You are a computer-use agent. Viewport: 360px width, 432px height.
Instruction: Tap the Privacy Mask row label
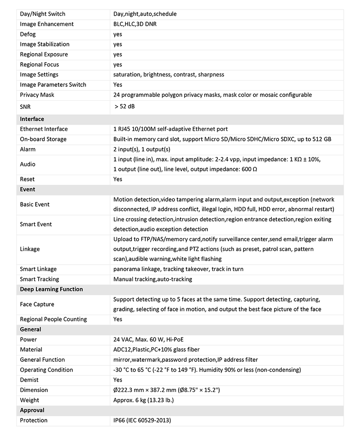(x=37, y=95)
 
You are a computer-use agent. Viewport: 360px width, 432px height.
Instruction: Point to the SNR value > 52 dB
(x=125, y=107)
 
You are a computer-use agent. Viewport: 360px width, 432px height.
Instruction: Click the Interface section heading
(x=32, y=119)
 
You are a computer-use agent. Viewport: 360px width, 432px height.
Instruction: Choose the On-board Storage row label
(x=43, y=139)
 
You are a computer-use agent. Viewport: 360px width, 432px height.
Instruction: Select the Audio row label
(x=27, y=164)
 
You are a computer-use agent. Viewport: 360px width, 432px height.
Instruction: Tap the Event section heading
(x=27, y=189)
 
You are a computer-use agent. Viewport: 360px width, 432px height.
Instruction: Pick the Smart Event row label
(x=36, y=224)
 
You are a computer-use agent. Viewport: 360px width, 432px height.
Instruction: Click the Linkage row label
(x=30, y=249)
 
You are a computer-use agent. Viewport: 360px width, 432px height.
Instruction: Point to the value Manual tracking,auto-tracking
(x=153, y=279)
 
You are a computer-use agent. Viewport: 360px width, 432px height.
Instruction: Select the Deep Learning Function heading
(x=51, y=289)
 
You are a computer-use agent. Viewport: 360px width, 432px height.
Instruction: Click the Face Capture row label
(x=37, y=304)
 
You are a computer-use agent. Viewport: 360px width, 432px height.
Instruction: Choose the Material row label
(x=31, y=350)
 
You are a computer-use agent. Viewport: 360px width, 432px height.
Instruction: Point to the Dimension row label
(x=34, y=390)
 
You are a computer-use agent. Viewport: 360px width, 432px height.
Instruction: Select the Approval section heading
(x=32, y=410)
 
